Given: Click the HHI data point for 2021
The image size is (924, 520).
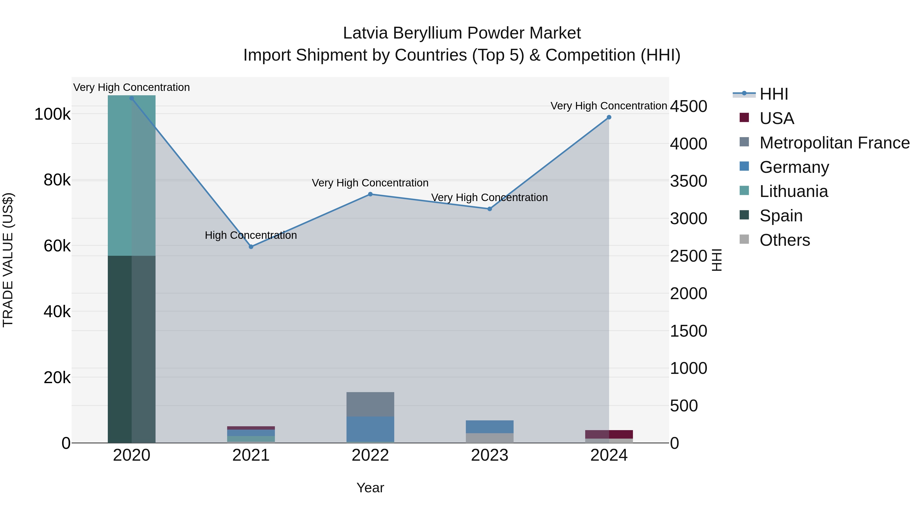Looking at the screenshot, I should pyautogui.click(x=251, y=247).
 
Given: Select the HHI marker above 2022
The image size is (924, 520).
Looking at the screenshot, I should pyautogui.click(x=370, y=194).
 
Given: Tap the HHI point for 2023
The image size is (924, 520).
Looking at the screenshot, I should pyautogui.click(x=490, y=209).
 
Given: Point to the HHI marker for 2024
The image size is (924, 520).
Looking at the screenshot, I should pyautogui.click(x=609, y=117).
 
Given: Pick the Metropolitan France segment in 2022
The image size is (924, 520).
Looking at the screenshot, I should pyautogui.click(x=370, y=404).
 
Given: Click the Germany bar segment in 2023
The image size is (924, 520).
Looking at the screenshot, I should pyautogui.click(x=490, y=427).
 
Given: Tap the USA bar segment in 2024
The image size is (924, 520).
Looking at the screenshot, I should pyautogui.click(x=621, y=434).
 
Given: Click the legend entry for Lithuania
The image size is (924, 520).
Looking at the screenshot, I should pyautogui.click(x=793, y=192).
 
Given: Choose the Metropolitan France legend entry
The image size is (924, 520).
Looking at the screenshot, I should pyautogui.click(x=834, y=143).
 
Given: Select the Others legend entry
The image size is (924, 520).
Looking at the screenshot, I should pyautogui.click(x=784, y=240).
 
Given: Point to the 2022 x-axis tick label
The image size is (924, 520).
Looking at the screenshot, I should pyautogui.click(x=370, y=455).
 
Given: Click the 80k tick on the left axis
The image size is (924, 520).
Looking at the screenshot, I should pyautogui.click(x=57, y=180).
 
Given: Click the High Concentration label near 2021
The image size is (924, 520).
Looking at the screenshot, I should pyautogui.click(x=251, y=235).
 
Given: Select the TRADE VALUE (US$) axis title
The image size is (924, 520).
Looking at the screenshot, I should pyautogui.click(x=8, y=260).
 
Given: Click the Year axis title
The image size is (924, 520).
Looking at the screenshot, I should pyautogui.click(x=370, y=488).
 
